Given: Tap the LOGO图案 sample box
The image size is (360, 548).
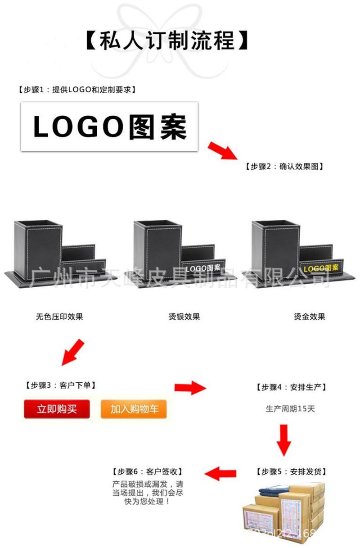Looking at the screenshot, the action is point(109,127).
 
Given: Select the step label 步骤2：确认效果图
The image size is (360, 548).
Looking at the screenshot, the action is point(285,167).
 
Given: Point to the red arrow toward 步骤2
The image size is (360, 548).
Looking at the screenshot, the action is point(222,150).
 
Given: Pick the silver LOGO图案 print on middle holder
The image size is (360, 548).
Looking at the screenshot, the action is point(203,268).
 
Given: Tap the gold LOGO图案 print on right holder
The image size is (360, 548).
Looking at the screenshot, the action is point(321,268).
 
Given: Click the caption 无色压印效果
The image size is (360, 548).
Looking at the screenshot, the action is point(59,317).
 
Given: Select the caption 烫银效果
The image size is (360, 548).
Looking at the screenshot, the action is point(184,317).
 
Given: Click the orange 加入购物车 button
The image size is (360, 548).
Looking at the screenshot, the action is point(134,409).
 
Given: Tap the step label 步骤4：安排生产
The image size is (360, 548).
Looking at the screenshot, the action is point(291,387).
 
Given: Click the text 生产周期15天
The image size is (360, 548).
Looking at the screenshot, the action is point(290,409).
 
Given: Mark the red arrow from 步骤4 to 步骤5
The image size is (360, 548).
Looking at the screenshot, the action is point(283,439).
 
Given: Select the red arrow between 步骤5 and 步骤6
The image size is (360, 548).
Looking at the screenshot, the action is point(220,473).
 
